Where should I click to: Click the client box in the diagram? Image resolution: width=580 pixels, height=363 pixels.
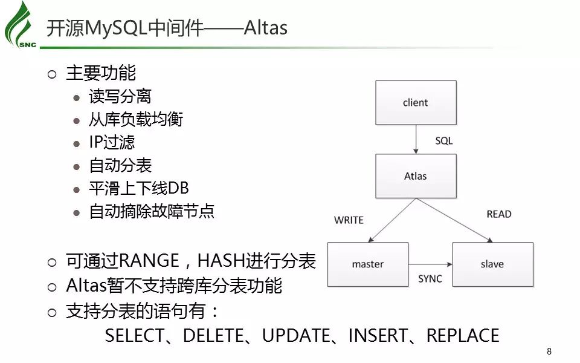coord(415,103)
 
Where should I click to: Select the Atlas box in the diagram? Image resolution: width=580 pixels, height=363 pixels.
coord(415,176)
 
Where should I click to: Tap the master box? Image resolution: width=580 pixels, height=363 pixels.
coord(368,264)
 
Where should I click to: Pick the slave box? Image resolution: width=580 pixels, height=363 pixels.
coord(492,264)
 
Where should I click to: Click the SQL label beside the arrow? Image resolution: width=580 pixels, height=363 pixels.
coord(443,141)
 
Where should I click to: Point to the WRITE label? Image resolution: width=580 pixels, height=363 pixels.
coord(349,220)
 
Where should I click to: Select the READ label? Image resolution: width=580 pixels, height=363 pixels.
coord(498,214)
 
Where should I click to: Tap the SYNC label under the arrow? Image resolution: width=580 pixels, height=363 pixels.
coord(430,279)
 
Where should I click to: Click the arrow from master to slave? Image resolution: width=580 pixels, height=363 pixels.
coord(430,264)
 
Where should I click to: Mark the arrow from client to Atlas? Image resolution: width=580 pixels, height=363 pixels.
coord(416,139)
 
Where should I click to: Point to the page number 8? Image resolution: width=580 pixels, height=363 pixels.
coord(549,352)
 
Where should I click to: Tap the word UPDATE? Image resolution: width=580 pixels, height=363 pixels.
coord(296,336)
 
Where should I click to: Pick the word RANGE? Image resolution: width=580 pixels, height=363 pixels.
coord(149,261)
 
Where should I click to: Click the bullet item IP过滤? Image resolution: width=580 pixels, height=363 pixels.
coord(112,142)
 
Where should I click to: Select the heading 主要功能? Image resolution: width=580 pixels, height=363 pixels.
coord(101,73)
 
